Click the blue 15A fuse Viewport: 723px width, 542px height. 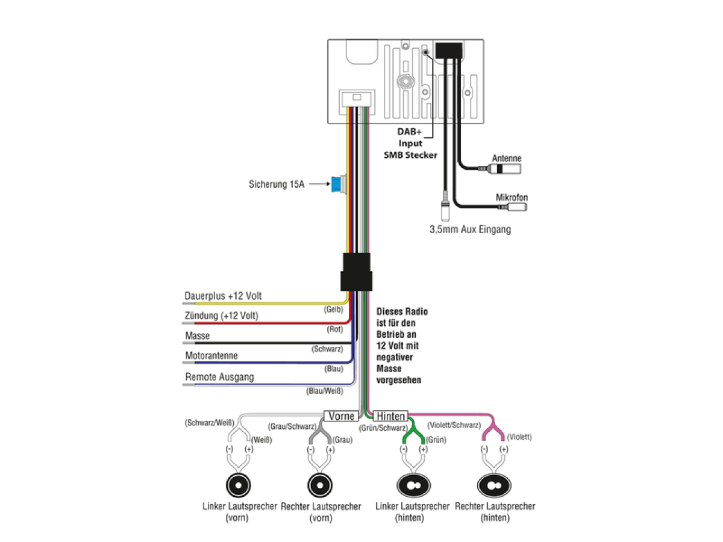[x=337, y=185]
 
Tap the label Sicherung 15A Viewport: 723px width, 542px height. [x=277, y=184]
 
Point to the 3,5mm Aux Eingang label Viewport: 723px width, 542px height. [x=470, y=229]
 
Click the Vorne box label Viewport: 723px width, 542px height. [x=341, y=416]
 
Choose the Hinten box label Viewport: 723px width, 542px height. [x=390, y=416]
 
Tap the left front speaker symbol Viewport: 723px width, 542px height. [x=238, y=485]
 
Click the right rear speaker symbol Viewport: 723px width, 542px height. [x=493, y=485]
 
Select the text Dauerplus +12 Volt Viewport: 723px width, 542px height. [x=223, y=296]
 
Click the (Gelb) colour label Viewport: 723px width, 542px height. [x=333, y=310]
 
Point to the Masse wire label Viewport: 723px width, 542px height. [x=197, y=335]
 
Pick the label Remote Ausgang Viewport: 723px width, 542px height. [x=220, y=377]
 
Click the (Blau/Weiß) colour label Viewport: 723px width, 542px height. [x=324, y=391]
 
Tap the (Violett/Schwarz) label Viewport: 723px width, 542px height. [x=454, y=425]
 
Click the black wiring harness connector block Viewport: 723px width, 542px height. [x=357, y=272]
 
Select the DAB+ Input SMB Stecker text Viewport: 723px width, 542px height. [x=410, y=143]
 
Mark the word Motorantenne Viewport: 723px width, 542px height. [x=211, y=355]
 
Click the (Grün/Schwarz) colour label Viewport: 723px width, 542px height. [x=383, y=428]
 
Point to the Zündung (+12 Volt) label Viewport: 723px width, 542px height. [x=221, y=316]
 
